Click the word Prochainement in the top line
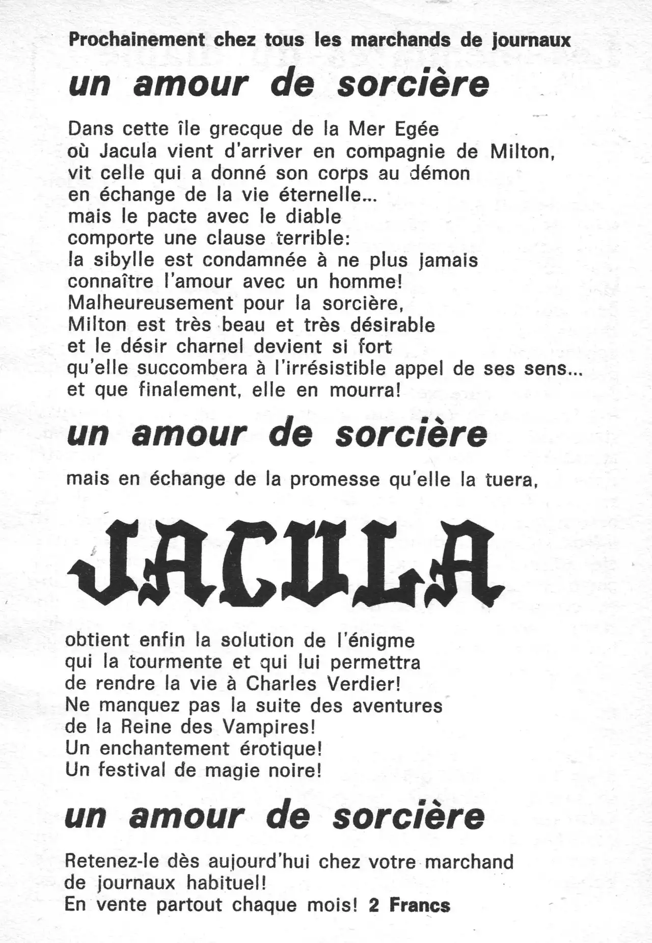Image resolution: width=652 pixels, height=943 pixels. (x=137, y=40)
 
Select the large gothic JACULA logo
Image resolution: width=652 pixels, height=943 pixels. (x=285, y=562)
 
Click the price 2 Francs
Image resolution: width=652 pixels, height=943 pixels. (x=410, y=905)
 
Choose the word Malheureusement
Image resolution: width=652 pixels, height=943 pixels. (x=150, y=303)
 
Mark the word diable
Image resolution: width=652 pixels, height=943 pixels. (x=313, y=217)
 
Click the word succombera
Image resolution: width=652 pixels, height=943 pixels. (x=193, y=368)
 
